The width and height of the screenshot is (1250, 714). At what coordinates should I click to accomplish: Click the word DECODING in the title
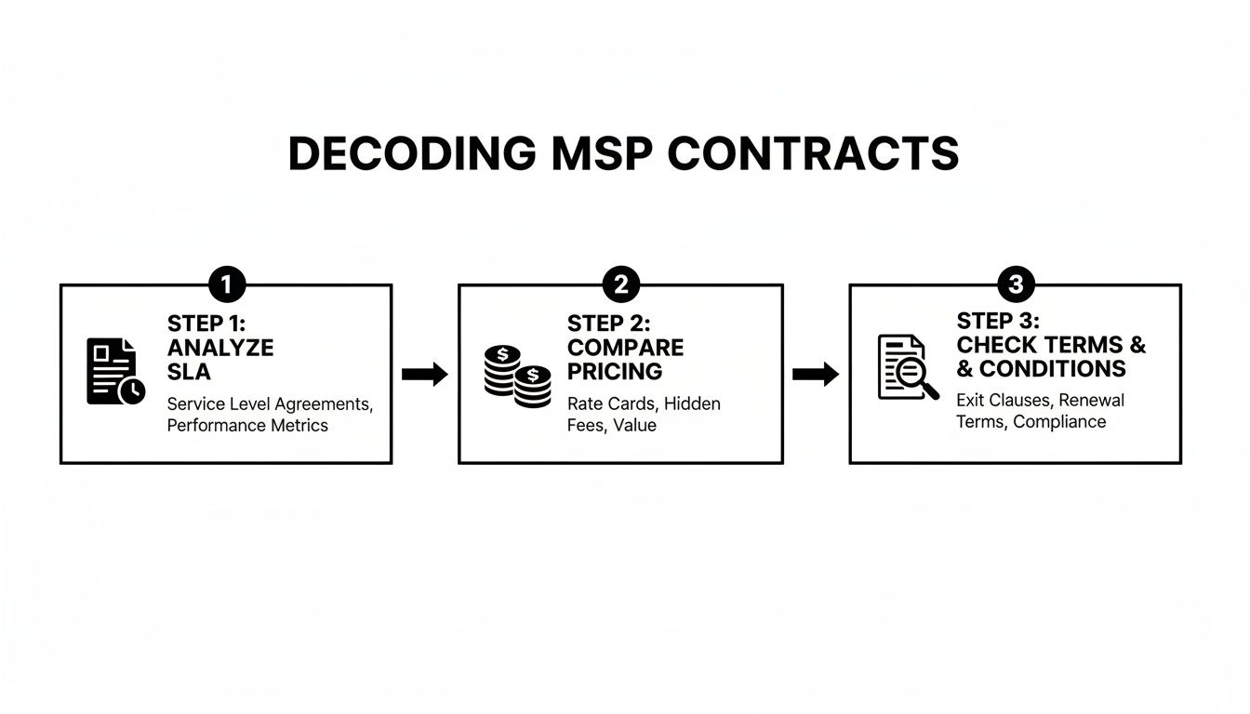[x=411, y=153]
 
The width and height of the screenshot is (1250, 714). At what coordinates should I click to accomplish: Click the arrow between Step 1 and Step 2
[x=425, y=375]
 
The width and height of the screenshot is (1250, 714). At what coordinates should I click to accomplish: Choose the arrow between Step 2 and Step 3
[x=816, y=375]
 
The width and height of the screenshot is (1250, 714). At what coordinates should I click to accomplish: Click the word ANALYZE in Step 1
[x=220, y=348]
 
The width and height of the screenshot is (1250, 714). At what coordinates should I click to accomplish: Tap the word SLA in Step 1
[x=189, y=372]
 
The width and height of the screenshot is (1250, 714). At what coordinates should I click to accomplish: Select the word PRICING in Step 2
[x=615, y=372]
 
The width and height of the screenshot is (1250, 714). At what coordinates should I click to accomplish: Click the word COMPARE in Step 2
[x=625, y=348]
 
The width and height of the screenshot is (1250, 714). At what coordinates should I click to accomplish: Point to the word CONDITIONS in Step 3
[x=1052, y=369]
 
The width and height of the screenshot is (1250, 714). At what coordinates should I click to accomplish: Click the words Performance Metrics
[x=247, y=426]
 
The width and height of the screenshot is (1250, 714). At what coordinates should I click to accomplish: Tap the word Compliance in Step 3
[x=1059, y=422]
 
